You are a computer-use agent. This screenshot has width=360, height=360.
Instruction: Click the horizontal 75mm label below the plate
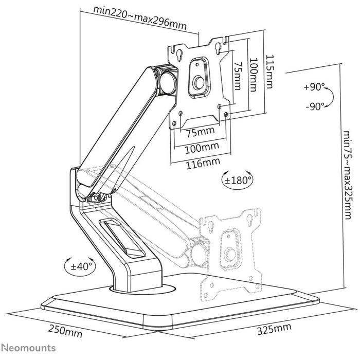point(200,132)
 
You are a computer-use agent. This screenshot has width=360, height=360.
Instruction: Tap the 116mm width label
point(201,163)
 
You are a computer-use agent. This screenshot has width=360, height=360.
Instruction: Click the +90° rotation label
point(314,87)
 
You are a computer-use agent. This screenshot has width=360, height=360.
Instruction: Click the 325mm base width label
point(273,328)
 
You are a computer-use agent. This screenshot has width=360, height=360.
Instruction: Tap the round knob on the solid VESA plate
point(199,83)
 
